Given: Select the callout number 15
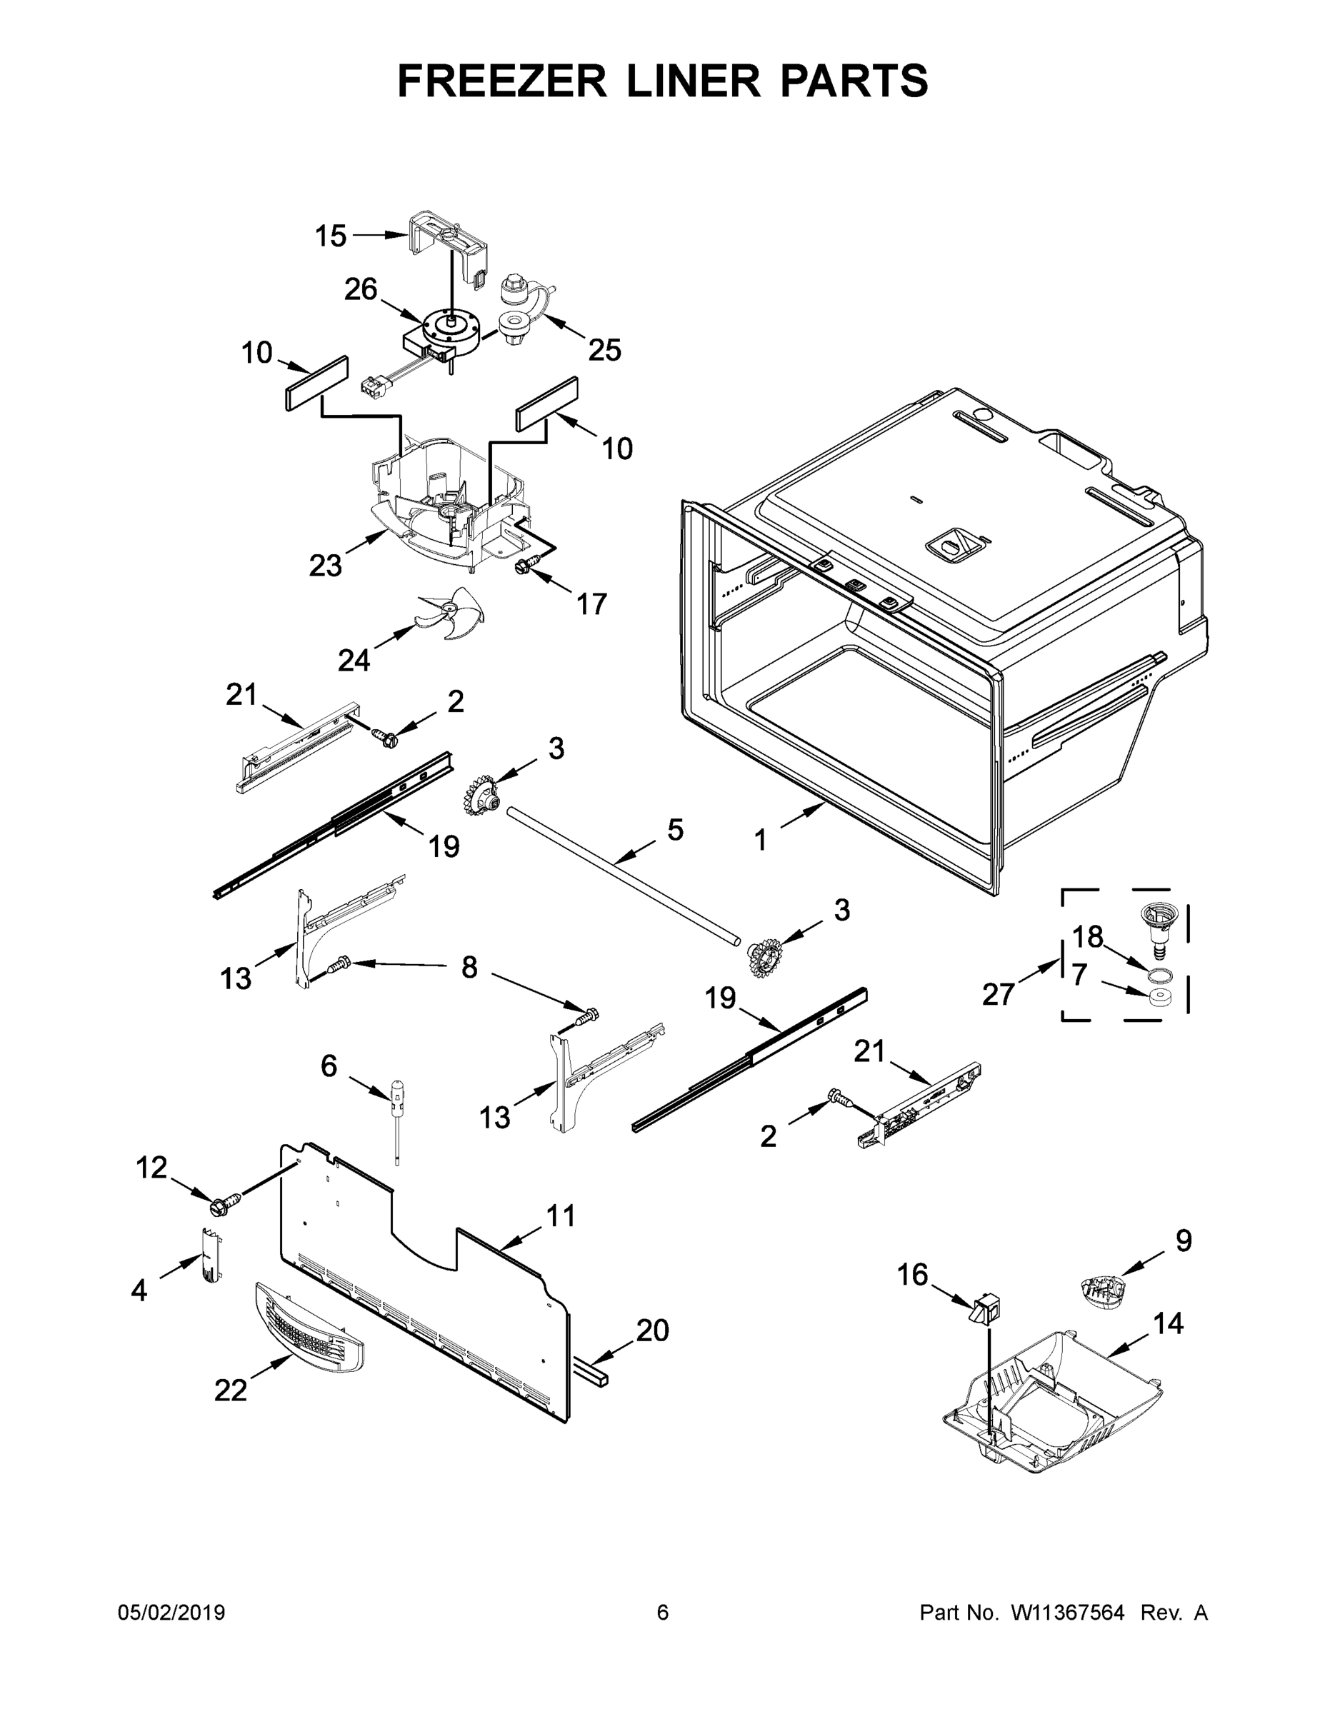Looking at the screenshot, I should click(x=331, y=236).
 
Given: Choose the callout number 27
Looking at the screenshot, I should click(x=999, y=994).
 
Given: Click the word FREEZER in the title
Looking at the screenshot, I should click(x=501, y=81).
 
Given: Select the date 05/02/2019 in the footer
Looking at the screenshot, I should click(x=171, y=1613).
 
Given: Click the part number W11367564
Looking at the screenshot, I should click(x=1066, y=1613).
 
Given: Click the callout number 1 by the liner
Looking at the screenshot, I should click(x=760, y=841).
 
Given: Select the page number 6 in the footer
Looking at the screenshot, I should click(x=663, y=1613).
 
